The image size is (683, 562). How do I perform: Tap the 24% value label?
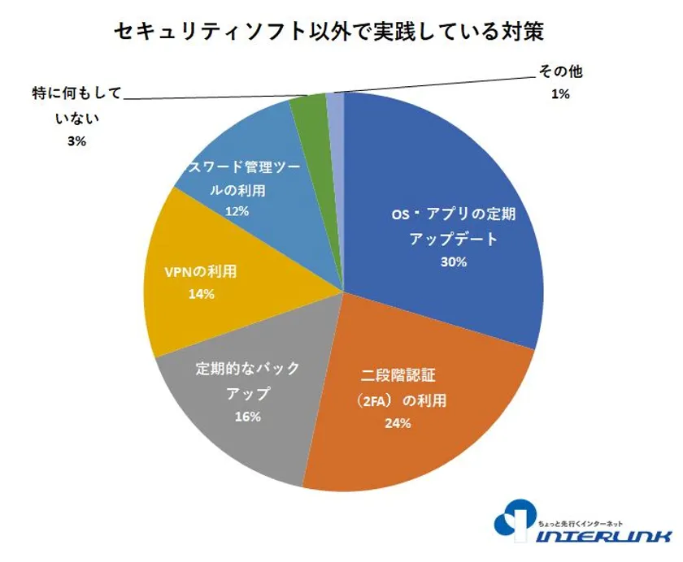point(398,423)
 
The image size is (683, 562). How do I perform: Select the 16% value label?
point(247,417)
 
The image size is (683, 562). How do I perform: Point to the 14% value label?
point(200,294)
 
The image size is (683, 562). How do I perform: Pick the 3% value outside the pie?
point(77,140)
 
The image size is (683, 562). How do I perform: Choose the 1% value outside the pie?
point(560,94)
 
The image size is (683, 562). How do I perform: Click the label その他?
point(560,72)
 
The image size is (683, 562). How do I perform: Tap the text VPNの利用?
point(200,272)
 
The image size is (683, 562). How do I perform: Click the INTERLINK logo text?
point(606,536)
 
